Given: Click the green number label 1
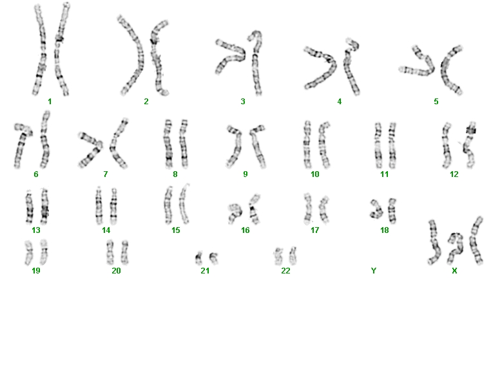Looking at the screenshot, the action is coord(50,101).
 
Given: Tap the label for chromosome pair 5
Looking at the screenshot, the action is coord(436,101).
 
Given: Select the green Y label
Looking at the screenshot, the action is coord(373,270).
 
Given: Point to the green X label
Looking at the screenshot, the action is coord(454,270).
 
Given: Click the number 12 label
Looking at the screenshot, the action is coord(454,174).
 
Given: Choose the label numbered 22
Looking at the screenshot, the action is coord(285,270).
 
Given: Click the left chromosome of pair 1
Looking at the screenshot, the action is coord(40,50).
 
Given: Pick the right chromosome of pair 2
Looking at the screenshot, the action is coord(158,58).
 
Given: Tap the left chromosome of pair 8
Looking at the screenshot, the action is coord(168,144).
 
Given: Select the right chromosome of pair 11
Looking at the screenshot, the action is coord(392,145).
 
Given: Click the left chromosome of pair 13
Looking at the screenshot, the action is coord(29,207).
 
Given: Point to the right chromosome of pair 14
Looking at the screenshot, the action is coord(113,207).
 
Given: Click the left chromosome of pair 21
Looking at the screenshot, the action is coord(198,258).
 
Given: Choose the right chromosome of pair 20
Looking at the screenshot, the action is coord(124,252).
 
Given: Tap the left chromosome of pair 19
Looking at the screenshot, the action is coord(28,253).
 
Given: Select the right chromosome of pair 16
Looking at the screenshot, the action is coord(255,209).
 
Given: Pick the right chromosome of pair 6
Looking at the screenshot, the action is coord(44,140).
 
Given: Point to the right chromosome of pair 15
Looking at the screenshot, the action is coord(184,204).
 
